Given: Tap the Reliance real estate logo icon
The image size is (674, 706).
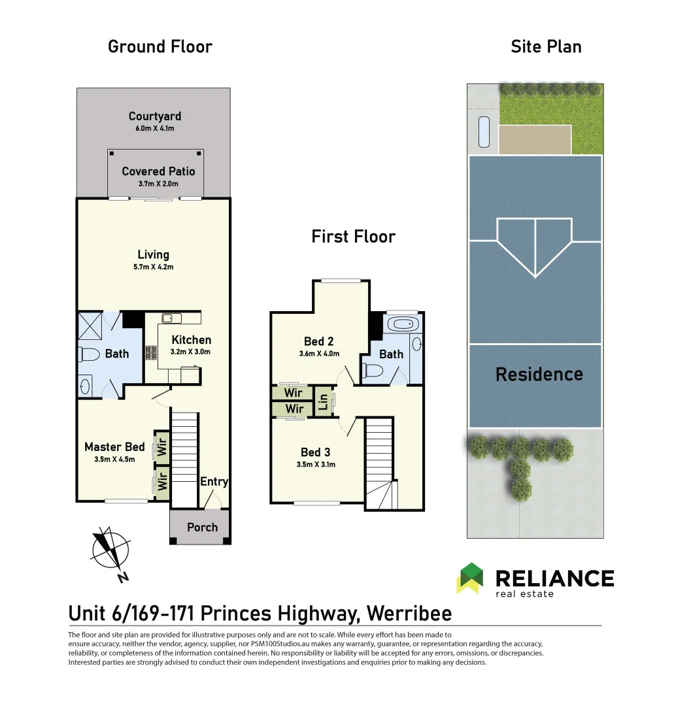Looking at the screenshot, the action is click(469, 578).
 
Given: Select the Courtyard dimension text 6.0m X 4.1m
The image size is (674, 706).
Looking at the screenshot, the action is click(155, 128).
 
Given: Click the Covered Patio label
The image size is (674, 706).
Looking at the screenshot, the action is click(158, 171).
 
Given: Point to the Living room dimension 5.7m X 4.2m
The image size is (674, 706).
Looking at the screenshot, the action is click(154, 267).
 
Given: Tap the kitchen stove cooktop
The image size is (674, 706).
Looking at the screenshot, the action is click(151, 352).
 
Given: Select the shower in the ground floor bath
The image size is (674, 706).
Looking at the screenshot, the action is click(90, 326).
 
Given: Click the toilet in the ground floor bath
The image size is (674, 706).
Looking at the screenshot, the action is click(89, 354).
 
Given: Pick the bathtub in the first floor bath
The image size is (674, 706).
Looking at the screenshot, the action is click(403, 324).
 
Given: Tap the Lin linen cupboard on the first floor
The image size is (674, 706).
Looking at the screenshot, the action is click(323, 401).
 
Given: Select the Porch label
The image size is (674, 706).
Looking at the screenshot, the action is click(202, 528).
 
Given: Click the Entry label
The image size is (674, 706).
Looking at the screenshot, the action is click(214, 482).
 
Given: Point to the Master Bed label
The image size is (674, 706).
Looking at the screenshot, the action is click(115, 446).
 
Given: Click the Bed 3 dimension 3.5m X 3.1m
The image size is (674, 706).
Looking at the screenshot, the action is click(316, 464).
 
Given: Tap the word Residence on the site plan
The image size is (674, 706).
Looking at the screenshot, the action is click(539, 374).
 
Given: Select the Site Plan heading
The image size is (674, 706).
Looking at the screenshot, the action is click(546, 46).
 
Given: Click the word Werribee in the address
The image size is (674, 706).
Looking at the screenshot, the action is click(409, 613).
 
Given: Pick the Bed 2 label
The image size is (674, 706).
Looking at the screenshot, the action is click(319, 341).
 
